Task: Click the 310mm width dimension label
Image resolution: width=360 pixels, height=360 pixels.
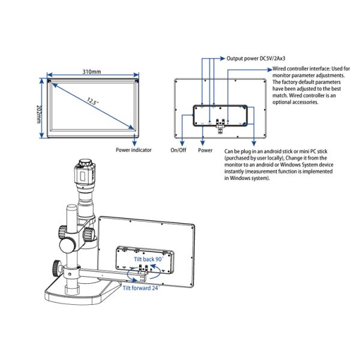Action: pyautogui.click(x=92, y=71)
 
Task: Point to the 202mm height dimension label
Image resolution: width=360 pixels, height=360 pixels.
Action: pyautogui.click(x=39, y=114)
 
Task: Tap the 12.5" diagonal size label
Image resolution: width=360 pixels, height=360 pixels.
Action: pyautogui.click(x=92, y=101)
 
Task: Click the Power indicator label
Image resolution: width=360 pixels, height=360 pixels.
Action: pyautogui.click(x=134, y=150)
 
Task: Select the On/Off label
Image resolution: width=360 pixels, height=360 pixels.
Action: pyautogui.click(x=178, y=150)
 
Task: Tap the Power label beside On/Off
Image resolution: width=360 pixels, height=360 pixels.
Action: pyautogui.click(x=205, y=150)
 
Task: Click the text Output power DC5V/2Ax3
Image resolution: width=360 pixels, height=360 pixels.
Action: pyautogui.click(x=256, y=59)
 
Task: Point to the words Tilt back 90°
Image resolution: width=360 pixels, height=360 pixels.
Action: pyautogui.click(x=149, y=259)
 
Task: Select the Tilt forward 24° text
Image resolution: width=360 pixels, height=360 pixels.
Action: pyautogui.click(x=141, y=288)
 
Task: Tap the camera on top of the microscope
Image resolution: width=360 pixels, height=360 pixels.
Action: pyautogui.click(x=85, y=171)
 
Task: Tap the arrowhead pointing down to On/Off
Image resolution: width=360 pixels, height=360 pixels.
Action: pyautogui.click(x=182, y=143)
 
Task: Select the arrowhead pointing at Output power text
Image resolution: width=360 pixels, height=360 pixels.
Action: pyautogui.click(x=223, y=59)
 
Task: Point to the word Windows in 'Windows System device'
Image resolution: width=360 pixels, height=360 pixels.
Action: pyautogui.click(x=289, y=164)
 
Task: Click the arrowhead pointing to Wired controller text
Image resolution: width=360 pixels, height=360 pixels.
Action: pyautogui.click(x=269, y=70)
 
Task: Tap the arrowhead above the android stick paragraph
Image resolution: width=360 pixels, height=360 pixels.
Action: pyautogui.click(x=254, y=143)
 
